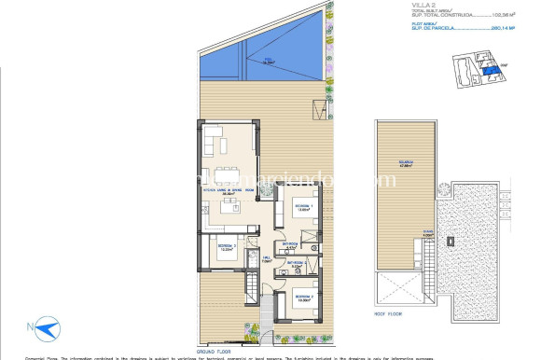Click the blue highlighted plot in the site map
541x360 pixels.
point(486,69)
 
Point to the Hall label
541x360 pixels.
point(266,259)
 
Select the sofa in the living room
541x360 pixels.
point(215,142)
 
